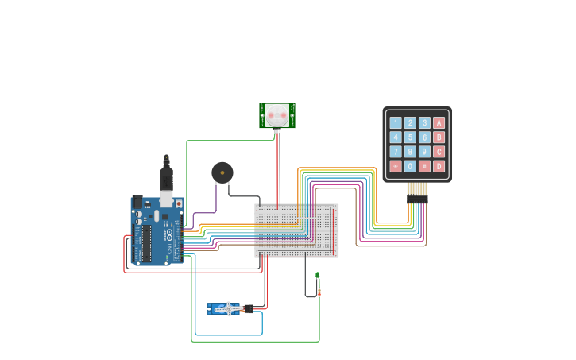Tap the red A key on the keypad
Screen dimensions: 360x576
439,123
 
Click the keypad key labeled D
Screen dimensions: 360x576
439,166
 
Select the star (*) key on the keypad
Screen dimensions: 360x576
396,166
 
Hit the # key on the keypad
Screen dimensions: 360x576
424,166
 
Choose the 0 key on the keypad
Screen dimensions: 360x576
410,166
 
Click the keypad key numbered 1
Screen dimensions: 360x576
396,123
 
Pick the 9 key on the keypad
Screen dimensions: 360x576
424,152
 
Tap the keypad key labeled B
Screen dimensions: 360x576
439,137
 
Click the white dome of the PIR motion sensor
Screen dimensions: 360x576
276,115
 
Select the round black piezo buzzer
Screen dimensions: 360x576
222,172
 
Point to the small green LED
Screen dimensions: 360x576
317,276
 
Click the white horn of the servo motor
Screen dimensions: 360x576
229,309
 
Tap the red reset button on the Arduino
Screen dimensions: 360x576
178,203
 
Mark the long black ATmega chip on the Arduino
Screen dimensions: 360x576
146,243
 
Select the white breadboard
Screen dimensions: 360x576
296,230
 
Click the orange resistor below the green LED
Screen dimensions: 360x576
319,292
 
